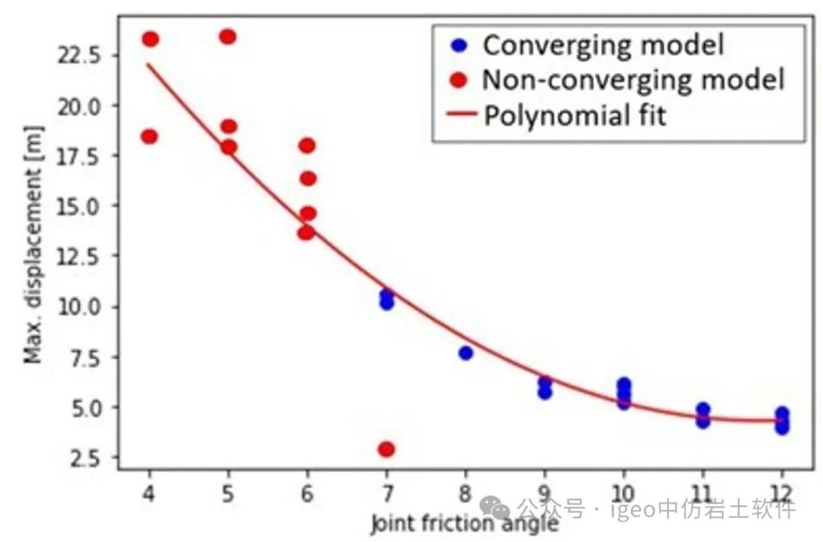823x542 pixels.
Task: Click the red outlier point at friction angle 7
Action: click(x=386, y=449)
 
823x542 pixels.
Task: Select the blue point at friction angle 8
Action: click(x=466, y=352)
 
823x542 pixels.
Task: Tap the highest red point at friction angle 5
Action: click(x=228, y=37)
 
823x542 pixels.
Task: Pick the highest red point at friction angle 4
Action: click(x=150, y=39)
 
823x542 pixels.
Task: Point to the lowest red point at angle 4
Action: click(x=149, y=136)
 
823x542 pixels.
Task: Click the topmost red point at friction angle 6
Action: click(x=307, y=146)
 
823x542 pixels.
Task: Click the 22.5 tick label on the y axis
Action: click(x=82, y=55)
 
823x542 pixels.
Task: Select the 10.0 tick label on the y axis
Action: click(x=82, y=306)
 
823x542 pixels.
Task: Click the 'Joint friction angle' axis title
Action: click(x=464, y=524)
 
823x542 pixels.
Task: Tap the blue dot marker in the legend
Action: click(x=458, y=45)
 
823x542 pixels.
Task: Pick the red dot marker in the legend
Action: click(x=458, y=79)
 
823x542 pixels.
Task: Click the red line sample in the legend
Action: click(x=458, y=115)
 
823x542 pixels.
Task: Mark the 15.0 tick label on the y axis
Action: click(x=82, y=205)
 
